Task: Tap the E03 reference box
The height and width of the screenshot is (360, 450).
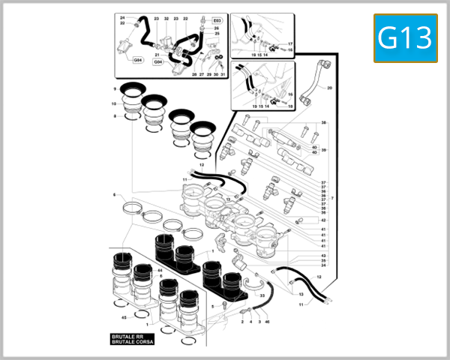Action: click(217, 21)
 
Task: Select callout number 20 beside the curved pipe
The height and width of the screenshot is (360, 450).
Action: click(328, 88)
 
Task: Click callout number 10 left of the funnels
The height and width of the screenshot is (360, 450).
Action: click(115, 103)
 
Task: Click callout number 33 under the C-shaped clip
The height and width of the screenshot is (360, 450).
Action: click(262, 295)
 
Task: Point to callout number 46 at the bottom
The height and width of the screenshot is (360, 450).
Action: click(268, 321)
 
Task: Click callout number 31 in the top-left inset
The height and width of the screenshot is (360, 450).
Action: click(223, 74)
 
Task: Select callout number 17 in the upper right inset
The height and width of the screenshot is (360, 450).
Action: click(290, 44)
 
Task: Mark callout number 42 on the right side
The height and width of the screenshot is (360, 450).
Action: click(323, 220)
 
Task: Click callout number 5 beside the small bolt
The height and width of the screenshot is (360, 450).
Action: click(213, 306)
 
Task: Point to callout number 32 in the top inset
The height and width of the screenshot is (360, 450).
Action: click(166, 17)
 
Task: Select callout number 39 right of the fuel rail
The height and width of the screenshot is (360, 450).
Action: click(323, 150)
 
